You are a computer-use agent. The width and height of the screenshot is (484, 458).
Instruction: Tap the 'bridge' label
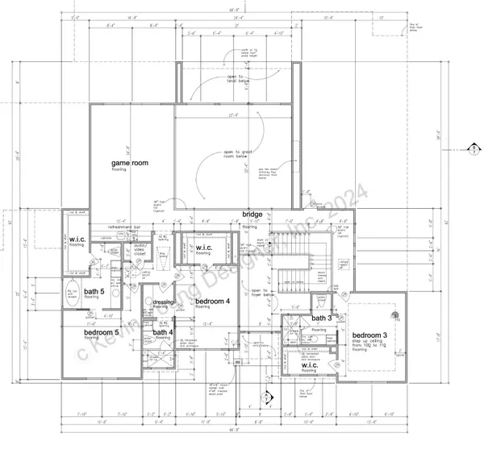(252, 214)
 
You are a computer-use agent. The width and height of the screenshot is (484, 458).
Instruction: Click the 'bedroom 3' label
(370, 334)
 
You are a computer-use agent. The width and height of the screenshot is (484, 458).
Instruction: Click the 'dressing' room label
(165, 302)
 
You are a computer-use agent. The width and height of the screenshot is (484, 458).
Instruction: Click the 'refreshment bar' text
(113, 227)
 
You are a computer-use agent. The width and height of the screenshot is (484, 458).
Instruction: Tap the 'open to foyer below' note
(259, 291)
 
